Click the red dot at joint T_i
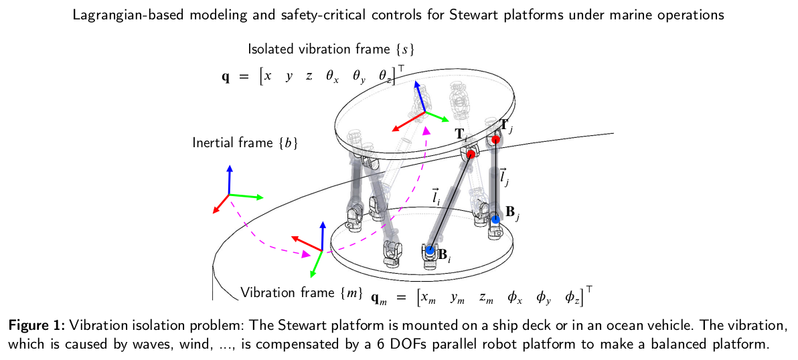[x=471, y=155]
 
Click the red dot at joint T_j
[x=495, y=140]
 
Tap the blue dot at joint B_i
[x=430, y=251]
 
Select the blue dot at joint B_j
[x=495, y=219]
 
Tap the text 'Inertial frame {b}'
[x=244, y=143]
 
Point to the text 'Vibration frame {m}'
[x=301, y=292]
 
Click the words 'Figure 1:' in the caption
[x=35, y=325]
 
